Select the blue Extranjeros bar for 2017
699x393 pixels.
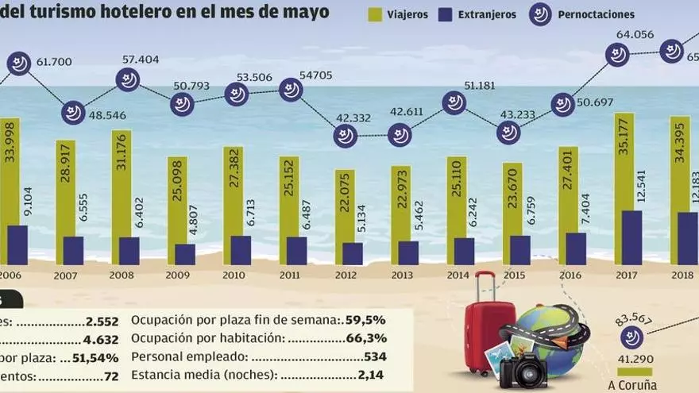point(631,237)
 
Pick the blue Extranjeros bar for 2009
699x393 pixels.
point(185,254)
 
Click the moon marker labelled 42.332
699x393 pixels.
point(345,136)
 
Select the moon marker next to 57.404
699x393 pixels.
point(129,79)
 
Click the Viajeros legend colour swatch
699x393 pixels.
point(374,14)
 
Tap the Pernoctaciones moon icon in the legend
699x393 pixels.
point(540,13)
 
